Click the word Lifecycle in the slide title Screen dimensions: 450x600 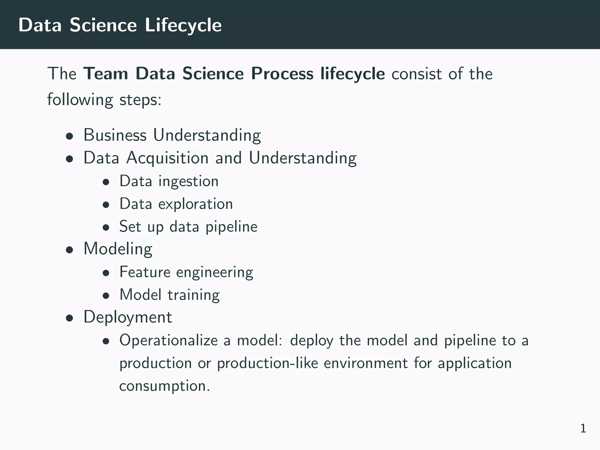(x=183, y=25)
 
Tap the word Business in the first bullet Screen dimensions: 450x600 (x=115, y=135)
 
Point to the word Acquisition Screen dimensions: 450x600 (x=167, y=158)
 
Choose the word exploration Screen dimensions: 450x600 (x=195, y=204)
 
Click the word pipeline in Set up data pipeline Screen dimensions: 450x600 (x=231, y=226)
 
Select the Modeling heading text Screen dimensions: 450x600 (x=118, y=249)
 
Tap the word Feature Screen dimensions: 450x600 (x=145, y=272)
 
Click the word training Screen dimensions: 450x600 (x=194, y=295)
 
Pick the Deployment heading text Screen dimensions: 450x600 (x=128, y=317)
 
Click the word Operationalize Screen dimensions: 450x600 (x=168, y=340)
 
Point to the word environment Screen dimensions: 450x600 (x=366, y=363)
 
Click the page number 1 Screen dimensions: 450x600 (x=583, y=429)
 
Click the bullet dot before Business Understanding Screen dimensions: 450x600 (x=69, y=136)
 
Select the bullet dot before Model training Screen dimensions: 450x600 (x=106, y=296)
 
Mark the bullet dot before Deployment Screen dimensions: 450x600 (x=69, y=318)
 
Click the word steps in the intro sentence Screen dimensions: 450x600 (x=140, y=100)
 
